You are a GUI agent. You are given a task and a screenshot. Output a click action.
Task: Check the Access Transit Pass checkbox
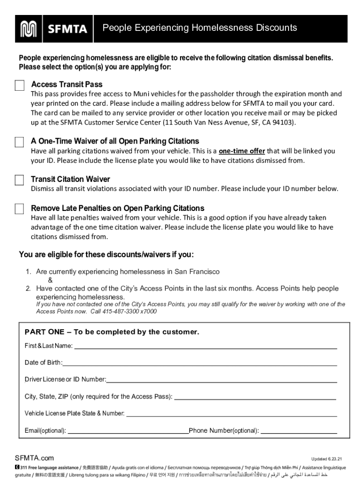click(x=19, y=85)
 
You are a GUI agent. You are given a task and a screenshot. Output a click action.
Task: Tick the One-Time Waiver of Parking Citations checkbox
click(x=19, y=142)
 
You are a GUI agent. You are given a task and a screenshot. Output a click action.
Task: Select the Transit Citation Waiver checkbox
click(x=19, y=180)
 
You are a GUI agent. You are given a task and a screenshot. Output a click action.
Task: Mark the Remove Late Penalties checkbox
click(x=19, y=209)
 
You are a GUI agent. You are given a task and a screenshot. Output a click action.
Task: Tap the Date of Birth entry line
click(x=200, y=364)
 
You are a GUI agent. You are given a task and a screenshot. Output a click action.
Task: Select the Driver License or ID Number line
click(x=222, y=381)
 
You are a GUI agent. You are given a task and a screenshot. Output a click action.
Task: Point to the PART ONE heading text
click(x=112, y=332)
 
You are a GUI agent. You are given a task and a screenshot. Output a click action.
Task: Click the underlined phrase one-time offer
click(x=242, y=151)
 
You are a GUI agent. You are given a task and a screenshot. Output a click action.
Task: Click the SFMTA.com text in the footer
click(x=34, y=458)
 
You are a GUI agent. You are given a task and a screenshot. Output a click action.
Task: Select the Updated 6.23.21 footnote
click(x=326, y=459)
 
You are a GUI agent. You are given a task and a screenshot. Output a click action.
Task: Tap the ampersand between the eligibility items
click(x=50, y=280)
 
